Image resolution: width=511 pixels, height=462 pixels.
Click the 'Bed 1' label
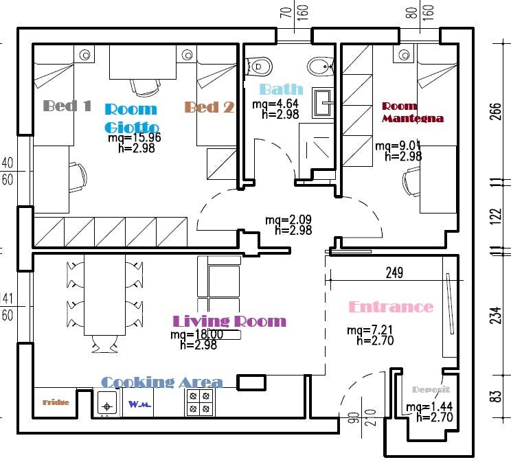pyautogui.click(x=67, y=106)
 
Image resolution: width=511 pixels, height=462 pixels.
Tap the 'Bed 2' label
pyautogui.click(x=209, y=107)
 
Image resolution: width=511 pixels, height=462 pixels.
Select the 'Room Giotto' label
pyautogui.click(x=131, y=118)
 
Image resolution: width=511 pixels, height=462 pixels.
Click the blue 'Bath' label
pyautogui.click(x=281, y=89)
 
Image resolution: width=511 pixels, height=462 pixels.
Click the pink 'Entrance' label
pyautogui.click(x=391, y=307)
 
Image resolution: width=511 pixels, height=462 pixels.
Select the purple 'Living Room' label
pyautogui.click(x=229, y=321)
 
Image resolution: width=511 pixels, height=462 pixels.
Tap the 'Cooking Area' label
pyautogui.click(x=161, y=382)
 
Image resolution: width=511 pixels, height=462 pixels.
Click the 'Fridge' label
pyautogui.click(x=56, y=402)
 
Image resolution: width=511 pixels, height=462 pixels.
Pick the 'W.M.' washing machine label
pyautogui.click(x=139, y=404)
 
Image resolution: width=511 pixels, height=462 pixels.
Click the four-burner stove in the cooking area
pyautogui.click(x=200, y=403)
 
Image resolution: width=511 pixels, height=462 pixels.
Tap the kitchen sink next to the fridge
pyautogui.click(x=106, y=404)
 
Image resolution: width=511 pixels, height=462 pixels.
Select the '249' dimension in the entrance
pyautogui.click(x=394, y=273)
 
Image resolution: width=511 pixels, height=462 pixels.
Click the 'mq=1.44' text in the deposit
pyautogui.click(x=429, y=407)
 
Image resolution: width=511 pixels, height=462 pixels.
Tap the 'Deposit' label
pyautogui.click(x=431, y=389)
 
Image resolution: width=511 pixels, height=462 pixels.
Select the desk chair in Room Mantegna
pyautogui.click(x=411, y=183)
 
